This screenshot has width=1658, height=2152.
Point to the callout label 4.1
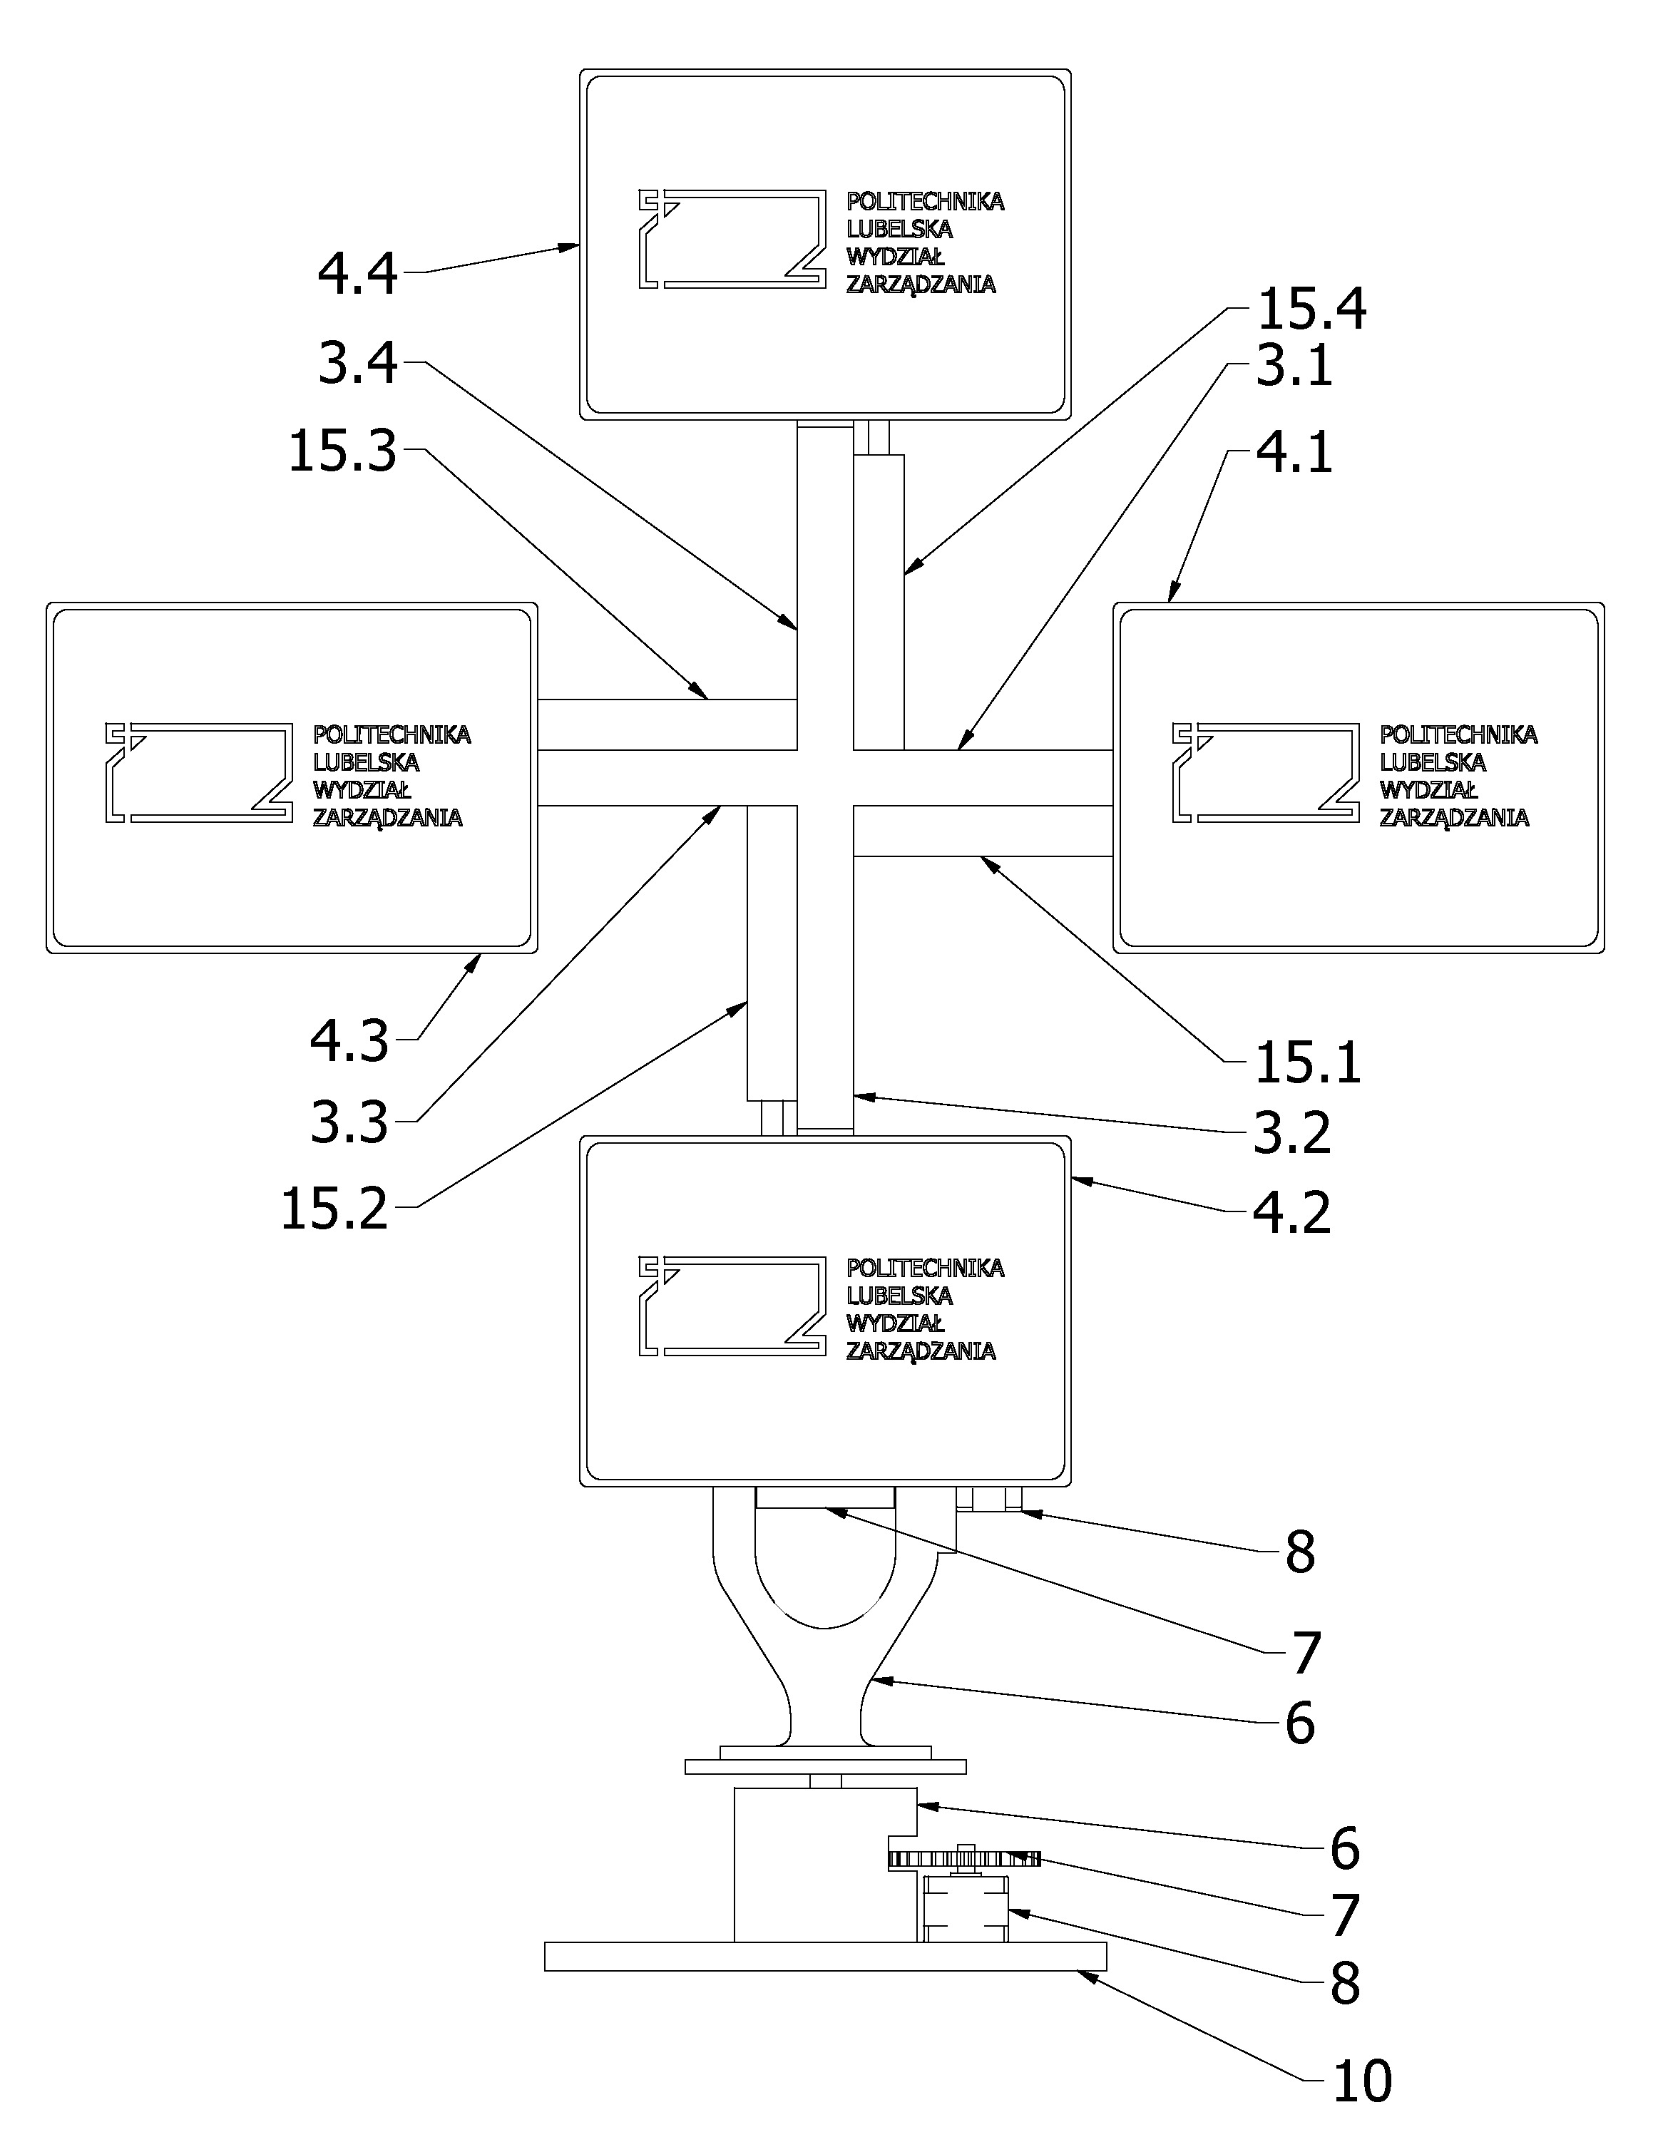pos(1294,452)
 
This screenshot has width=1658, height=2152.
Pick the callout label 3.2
pos(1292,1133)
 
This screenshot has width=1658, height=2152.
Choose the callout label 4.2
pos(1292,1212)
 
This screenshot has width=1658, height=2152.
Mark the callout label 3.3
pos(349,1122)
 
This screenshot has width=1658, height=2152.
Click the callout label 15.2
pos(335,1209)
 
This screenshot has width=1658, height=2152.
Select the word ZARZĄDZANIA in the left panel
pos(388,817)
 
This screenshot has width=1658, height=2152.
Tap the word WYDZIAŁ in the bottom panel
pos(896,1322)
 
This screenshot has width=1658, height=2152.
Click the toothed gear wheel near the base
pos(963,1860)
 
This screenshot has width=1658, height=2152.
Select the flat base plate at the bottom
pos(826,1956)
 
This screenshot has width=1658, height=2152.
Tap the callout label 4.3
pos(349,1040)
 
